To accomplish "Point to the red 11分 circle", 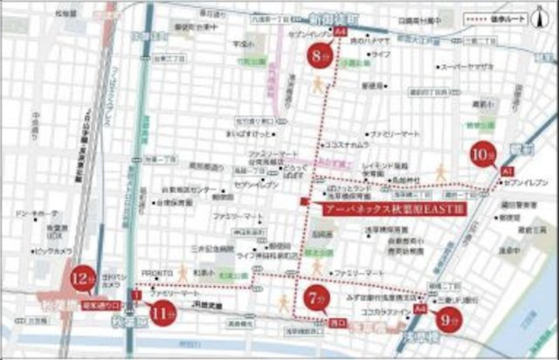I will click(162, 313).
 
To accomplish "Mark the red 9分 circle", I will click(452, 320).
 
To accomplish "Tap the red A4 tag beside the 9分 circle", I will click(421, 308).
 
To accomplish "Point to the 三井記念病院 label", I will click(210, 248).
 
